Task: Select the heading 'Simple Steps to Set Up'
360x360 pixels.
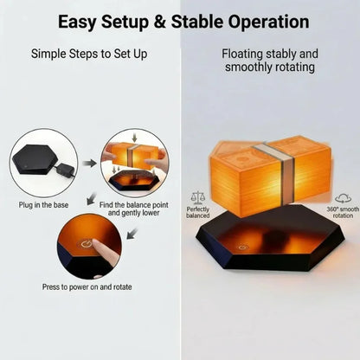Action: (89, 55)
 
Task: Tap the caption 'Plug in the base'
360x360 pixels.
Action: (43, 205)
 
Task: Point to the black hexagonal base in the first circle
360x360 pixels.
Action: (33, 159)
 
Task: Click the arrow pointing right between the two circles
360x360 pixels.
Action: (90, 164)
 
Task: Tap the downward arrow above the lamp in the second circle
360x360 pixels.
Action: (134, 137)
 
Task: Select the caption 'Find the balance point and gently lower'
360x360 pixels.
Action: (133, 209)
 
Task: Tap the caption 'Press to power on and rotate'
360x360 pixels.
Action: (87, 287)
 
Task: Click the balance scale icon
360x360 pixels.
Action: (198, 198)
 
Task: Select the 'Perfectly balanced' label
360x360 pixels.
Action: (197, 213)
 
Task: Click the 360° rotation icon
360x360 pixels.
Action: (344, 199)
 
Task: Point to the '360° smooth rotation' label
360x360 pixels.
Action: (343, 213)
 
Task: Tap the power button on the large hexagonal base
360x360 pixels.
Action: (242, 247)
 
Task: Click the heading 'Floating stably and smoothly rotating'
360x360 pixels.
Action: (270, 61)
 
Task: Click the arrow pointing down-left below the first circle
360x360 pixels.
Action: (92, 198)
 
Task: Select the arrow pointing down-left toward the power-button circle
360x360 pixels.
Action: (132, 234)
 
